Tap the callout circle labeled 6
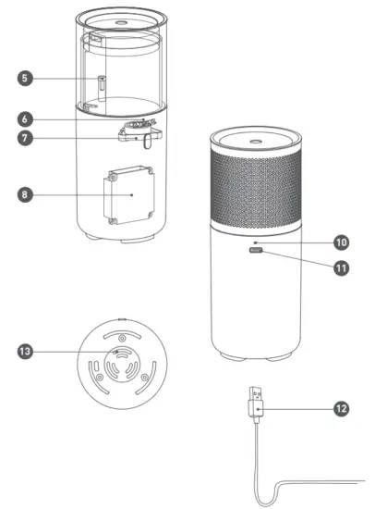pyautogui.click(x=26, y=119)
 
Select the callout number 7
pyautogui.click(x=26, y=139)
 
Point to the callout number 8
pyautogui.click(x=26, y=194)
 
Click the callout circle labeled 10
pyautogui.click(x=341, y=242)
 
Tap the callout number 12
pyautogui.click(x=341, y=407)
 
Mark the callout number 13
pyautogui.click(x=26, y=352)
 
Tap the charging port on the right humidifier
pyautogui.click(x=256, y=251)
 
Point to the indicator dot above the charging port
pyautogui.click(x=256, y=240)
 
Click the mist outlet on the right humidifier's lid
pyautogui.click(x=256, y=135)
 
